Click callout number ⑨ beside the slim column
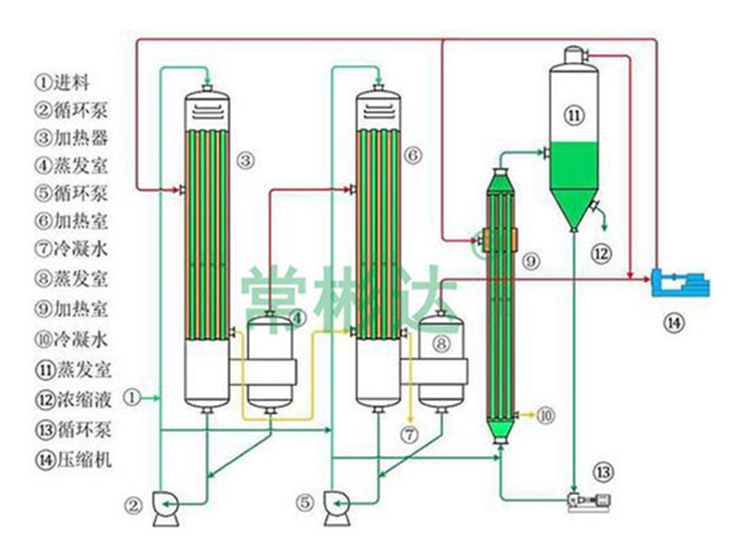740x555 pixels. [x=531, y=260]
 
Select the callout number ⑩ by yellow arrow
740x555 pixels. [x=545, y=416]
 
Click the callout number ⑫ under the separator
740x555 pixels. [x=602, y=254]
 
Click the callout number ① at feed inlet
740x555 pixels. [x=131, y=398]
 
